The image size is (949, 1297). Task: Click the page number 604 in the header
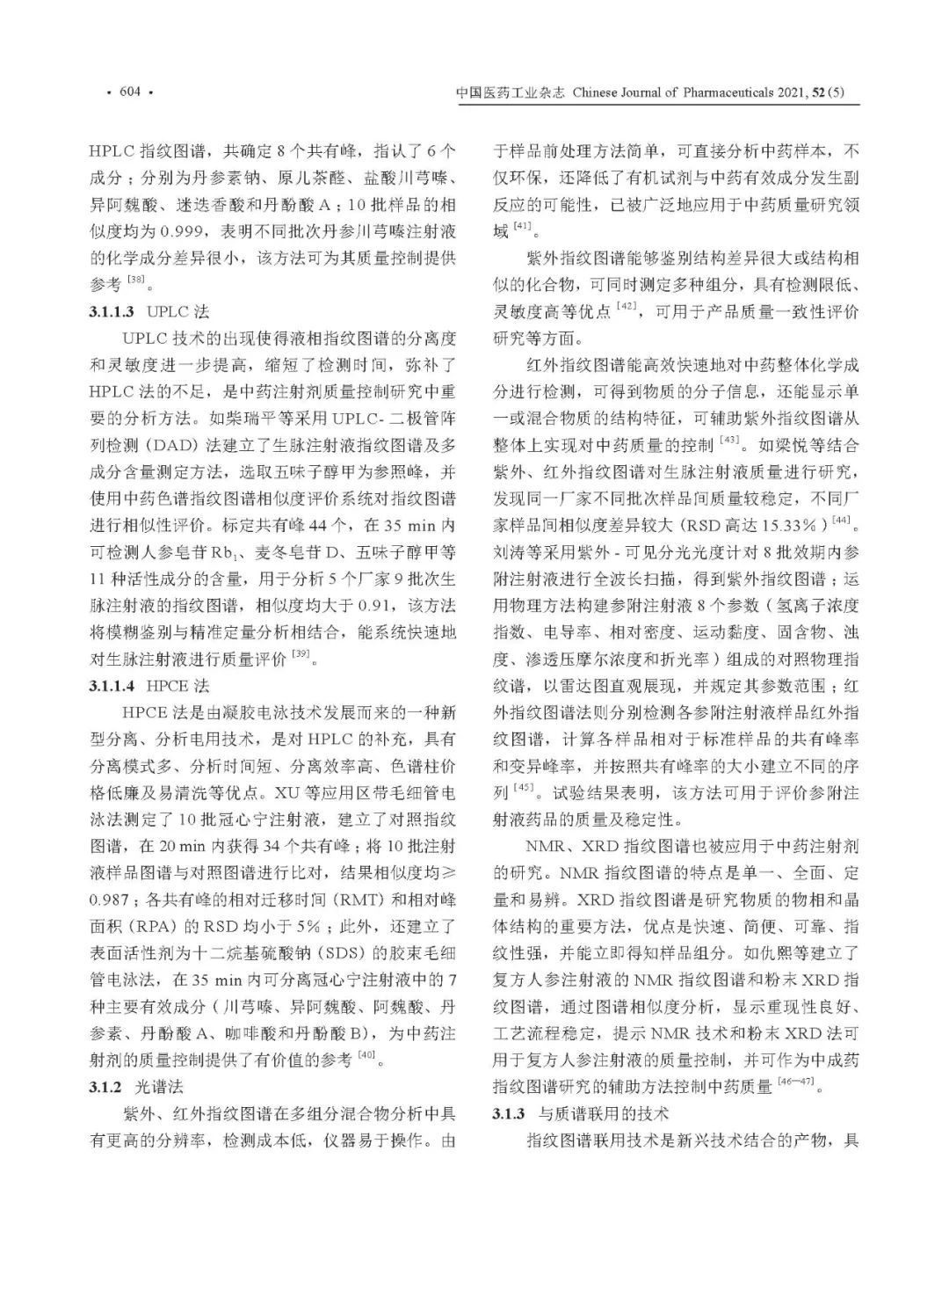pyautogui.click(x=129, y=92)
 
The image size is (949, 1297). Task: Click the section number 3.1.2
pyautogui.click(x=105, y=1087)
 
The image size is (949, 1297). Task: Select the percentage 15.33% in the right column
pyautogui.click(x=788, y=525)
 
